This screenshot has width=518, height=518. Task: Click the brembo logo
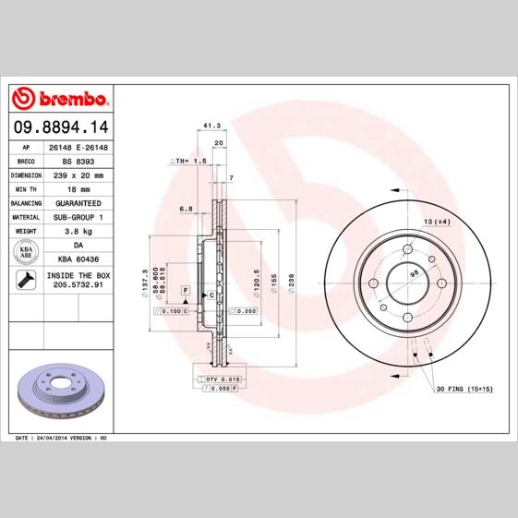click(60, 97)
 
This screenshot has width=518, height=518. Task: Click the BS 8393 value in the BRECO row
click(78, 161)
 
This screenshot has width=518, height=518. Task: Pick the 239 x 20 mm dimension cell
click(78, 175)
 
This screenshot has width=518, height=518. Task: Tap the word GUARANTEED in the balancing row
click(78, 202)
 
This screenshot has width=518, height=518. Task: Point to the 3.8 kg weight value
click(78, 230)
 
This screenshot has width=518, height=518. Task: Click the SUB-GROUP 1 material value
click(78, 216)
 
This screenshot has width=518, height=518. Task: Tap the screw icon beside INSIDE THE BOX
click(27, 281)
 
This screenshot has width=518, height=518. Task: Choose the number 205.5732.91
click(78, 287)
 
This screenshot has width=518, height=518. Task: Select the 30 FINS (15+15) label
click(464, 389)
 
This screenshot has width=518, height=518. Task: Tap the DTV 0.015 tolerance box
click(223, 379)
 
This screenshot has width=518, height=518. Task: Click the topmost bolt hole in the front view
click(407, 249)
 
